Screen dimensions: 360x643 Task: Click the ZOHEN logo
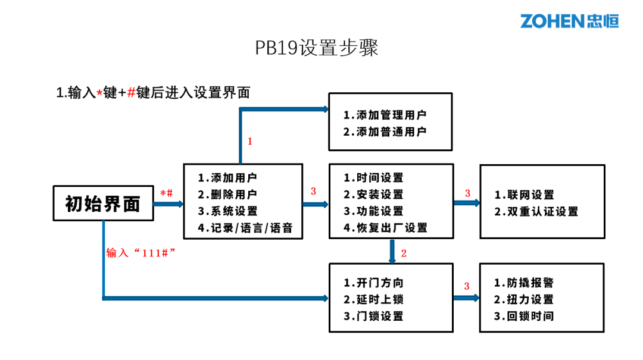coord(569,21)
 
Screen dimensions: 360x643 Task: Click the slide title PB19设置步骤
coord(317,48)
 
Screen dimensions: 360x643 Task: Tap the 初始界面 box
coord(102,204)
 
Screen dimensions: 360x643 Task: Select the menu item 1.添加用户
coord(228,178)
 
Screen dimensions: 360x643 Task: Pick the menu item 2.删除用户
coord(228,195)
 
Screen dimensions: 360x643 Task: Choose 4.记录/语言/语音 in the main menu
coord(245,228)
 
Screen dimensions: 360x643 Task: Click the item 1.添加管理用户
coord(385,115)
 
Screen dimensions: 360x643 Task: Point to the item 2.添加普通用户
coord(385,132)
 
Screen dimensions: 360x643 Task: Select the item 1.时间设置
coord(374,178)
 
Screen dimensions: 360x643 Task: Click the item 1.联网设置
coord(525,195)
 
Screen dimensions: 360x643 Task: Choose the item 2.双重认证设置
coord(536,212)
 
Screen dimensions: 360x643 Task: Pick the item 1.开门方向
coord(374,283)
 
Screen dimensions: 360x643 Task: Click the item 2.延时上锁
coord(374,300)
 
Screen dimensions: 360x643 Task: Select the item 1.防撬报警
coord(525,283)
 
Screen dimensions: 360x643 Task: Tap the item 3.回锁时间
coord(525,317)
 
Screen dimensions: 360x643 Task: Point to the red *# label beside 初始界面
coord(167,193)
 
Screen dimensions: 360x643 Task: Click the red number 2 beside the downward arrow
coord(404,253)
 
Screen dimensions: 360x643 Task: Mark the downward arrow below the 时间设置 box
coord(392,251)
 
